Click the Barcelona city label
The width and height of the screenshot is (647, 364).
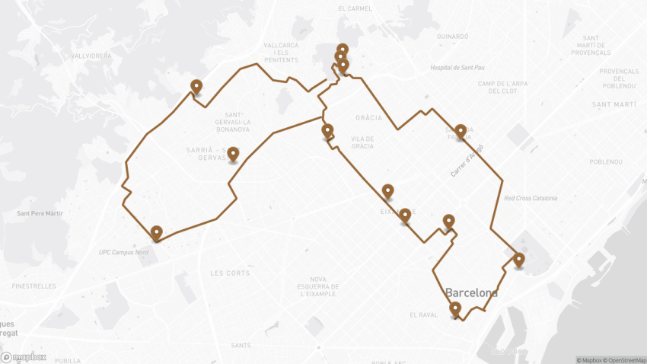(471, 292)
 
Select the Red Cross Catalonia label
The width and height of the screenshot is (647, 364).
(531, 199)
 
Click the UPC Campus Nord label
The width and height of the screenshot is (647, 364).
(126, 252)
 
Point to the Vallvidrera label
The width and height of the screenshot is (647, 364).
(91, 56)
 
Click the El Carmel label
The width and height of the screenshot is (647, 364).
(357, 9)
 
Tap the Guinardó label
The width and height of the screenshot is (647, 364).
(453, 36)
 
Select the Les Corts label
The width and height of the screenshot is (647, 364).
(229, 273)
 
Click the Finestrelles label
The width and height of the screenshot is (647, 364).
(33, 286)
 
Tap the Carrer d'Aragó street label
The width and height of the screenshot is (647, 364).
(467, 161)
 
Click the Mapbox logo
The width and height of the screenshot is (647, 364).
(24, 356)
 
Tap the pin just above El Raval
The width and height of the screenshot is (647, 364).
(455, 309)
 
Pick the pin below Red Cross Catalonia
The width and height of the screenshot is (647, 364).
(519, 260)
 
